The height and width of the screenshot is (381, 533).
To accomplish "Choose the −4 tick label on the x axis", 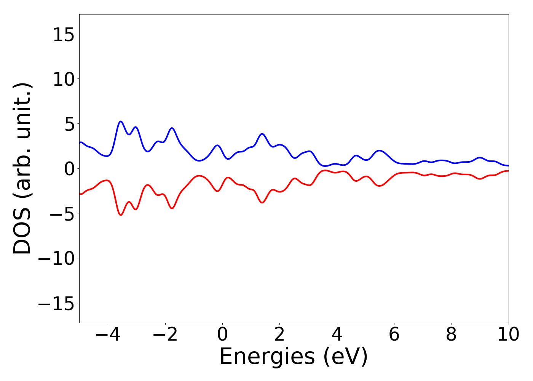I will click(108, 335).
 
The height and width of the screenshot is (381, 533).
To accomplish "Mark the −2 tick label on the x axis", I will click(165, 335).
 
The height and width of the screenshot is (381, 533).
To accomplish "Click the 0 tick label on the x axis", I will click(222, 335).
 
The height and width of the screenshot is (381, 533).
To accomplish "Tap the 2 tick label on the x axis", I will click(279, 335).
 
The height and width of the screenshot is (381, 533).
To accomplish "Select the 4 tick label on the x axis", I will click(337, 335).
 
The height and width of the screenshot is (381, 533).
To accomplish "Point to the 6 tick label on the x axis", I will click(394, 335).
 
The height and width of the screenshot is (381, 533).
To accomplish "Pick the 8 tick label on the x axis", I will click(451, 335).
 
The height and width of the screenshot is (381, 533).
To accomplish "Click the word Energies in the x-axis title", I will click(267, 357).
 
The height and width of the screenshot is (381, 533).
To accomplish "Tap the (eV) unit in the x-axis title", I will click(346, 357).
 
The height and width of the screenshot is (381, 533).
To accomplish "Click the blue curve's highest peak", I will click(121, 122).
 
